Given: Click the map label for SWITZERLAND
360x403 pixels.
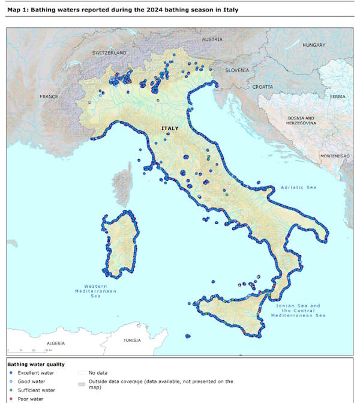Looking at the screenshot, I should pos(109,53).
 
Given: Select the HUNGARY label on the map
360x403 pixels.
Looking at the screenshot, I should pos(313,45).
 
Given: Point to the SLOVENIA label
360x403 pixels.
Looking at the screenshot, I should pos(237,70).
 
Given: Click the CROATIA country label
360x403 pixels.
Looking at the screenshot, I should pos(262,86).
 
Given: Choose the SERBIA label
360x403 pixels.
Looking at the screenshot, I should pos(338,96).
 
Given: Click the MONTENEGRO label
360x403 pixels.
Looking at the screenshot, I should pos(334,156).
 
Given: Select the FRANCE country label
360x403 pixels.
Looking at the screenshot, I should pos(49,96).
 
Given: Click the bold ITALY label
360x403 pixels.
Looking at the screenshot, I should pos(169,128).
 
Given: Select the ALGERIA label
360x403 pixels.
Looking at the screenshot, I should pos(55,343).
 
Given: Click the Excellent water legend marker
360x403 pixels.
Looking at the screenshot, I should pos(11,372).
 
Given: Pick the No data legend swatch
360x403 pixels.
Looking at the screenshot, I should pos(81,372).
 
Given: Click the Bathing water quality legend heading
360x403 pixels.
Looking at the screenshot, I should pos(35,364).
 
